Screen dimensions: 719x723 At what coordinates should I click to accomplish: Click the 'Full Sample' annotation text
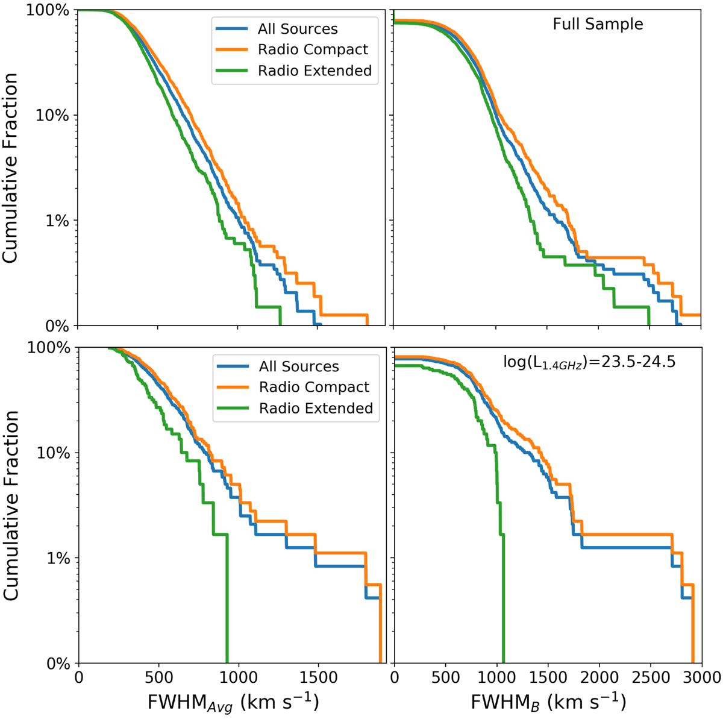pyautogui.click(x=598, y=24)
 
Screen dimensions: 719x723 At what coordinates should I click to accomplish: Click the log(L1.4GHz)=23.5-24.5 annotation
pyautogui.click(x=590, y=362)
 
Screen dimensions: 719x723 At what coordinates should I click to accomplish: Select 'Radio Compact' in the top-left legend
pyautogui.click(x=313, y=49)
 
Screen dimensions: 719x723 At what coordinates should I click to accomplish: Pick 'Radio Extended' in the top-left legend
pyautogui.click(x=315, y=71)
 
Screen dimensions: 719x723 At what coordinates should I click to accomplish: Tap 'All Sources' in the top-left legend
pyautogui.click(x=298, y=29)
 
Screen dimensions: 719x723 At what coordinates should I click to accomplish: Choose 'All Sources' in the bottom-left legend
pyautogui.click(x=299, y=366)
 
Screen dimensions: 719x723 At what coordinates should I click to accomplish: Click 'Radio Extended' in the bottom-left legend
pyautogui.click(x=316, y=408)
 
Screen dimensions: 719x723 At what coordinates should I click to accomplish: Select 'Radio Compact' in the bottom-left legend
pyautogui.click(x=314, y=387)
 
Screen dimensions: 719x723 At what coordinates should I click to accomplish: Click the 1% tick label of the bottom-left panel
pyautogui.click(x=60, y=558)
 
